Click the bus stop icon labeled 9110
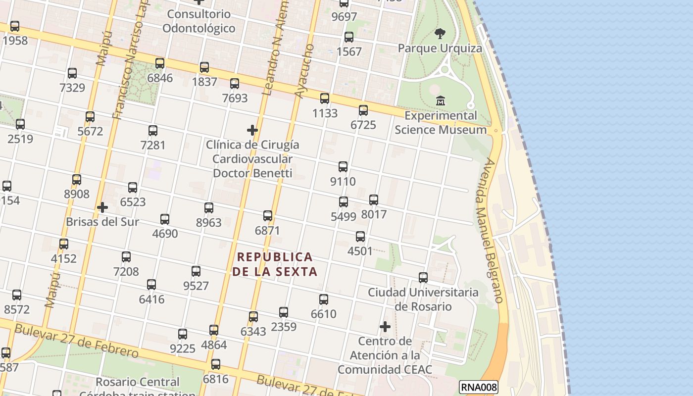pos(343,167)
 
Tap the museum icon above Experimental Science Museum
pos(441,101)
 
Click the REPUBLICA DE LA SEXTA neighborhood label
pos(275,264)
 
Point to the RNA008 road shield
pos(478,387)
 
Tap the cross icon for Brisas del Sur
pos(102,207)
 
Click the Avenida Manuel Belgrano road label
pos(487,230)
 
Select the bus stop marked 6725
pos(363,110)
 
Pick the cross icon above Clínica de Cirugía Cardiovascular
pos(252,130)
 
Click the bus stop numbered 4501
pos(360,237)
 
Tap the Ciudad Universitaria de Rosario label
pos(423,299)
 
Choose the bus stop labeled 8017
pos(374,200)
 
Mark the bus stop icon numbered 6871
pos(268,216)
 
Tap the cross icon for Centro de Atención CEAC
pos(385,327)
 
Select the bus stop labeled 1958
pos(15,26)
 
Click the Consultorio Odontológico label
pos(199,21)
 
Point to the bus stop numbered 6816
pos(216,365)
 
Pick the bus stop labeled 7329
pos(72,73)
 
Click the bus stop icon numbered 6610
pos(324,299)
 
